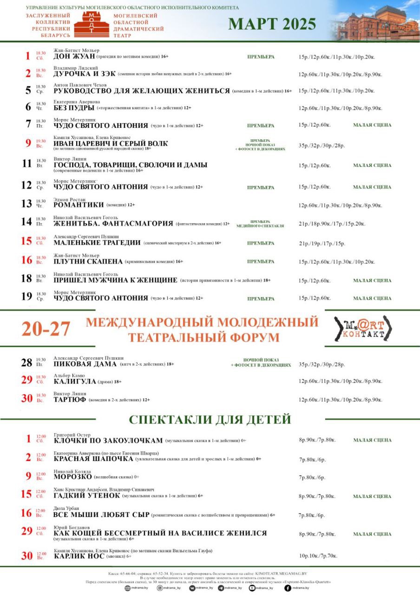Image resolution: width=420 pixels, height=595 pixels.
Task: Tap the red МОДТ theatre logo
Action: click(x=92, y=25)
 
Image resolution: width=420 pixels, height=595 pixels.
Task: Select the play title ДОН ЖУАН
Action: click(x=74, y=57)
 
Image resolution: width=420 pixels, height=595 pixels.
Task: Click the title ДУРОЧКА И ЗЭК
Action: click(x=84, y=74)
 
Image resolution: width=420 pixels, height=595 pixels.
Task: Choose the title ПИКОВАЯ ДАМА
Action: click(x=85, y=364)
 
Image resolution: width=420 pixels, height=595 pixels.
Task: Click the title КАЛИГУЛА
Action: click(x=75, y=382)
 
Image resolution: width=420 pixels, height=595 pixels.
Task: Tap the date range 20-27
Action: click(x=46, y=329)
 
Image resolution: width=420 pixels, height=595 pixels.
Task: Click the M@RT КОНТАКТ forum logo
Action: click(x=363, y=328)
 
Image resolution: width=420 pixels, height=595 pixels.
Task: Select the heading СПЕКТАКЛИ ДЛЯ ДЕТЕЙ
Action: click(x=210, y=419)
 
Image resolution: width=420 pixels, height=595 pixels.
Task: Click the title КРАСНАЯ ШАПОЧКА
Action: click(x=93, y=459)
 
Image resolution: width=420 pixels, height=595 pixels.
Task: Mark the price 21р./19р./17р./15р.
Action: click(x=322, y=243)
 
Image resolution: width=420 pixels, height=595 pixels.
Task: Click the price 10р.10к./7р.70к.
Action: click(x=318, y=556)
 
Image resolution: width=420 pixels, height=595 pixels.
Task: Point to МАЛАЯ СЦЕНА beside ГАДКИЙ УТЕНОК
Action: click(x=372, y=496)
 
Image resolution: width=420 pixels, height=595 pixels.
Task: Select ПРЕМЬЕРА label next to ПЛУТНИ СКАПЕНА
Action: click(x=260, y=262)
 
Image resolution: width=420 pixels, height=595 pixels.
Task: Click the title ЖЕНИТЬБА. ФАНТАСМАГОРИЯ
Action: click(x=113, y=224)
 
